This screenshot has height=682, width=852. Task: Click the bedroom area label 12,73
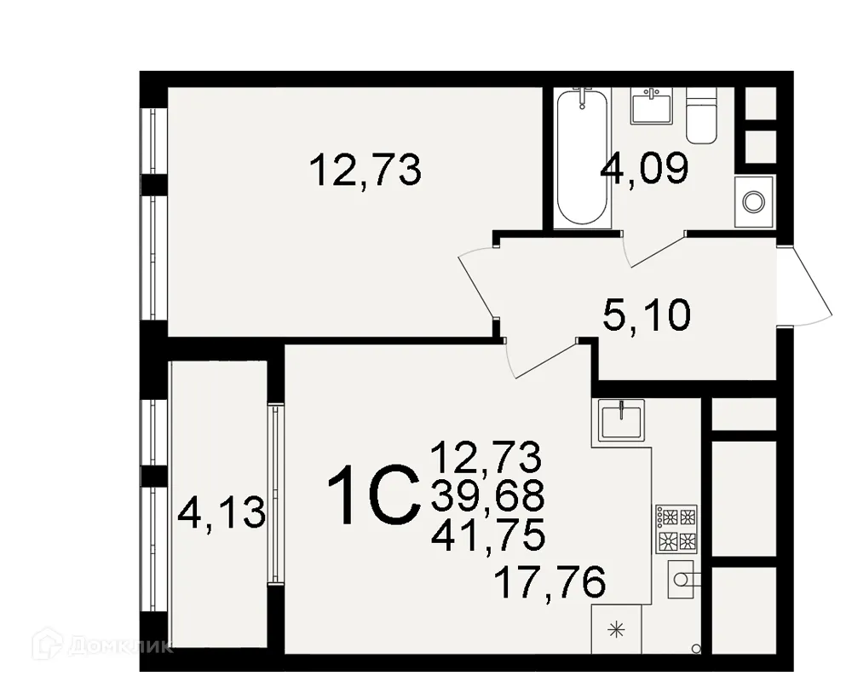(x=366, y=170)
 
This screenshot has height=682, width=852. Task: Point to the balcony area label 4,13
(x=222, y=514)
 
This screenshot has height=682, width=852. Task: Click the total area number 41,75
(x=487, y=536)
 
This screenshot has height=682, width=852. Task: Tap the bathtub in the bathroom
(x=582, y=158)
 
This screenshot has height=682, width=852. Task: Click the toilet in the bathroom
(x=701, y=115)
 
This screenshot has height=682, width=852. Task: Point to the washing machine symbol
(x=754, y=202)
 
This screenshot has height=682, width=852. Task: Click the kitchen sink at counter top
(x=619, y=420)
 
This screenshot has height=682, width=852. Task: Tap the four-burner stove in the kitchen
(x=676, y=529)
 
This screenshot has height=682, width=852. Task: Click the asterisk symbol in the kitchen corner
(x=615, y=631)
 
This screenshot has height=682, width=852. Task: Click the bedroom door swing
(x=477, y=281)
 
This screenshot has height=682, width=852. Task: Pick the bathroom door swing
(x=652, y=247)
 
